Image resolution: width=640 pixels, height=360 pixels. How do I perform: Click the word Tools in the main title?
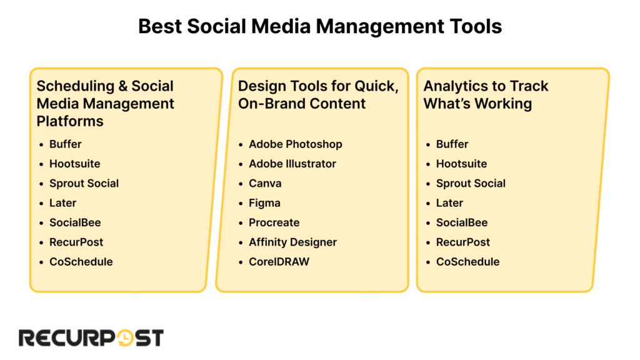(476, 26)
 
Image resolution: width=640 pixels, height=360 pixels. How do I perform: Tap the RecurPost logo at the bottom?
(91, 338)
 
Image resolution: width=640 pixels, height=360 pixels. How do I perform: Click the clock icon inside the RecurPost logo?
(124, 338)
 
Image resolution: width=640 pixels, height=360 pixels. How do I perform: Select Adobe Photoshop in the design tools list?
(296, 144)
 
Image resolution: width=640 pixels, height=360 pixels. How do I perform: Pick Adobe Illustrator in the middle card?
(292, 164)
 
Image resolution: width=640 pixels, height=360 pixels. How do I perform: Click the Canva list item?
(265, 183)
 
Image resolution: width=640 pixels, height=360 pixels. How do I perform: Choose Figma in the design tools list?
(264, 203)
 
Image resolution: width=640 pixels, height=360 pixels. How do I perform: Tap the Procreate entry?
(274, 222)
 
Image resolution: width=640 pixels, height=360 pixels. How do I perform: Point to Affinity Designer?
(292, 242)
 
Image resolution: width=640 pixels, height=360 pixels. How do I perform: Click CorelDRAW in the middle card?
(279, 262)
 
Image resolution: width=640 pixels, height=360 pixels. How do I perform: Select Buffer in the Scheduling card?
(65, 144)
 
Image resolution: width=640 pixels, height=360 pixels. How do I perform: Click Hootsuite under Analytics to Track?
(461, 164)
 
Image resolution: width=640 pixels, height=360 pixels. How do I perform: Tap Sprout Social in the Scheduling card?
(84, 183)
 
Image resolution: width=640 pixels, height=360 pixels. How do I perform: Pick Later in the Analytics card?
(449, 203)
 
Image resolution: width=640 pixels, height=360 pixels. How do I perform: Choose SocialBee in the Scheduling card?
(75, 222)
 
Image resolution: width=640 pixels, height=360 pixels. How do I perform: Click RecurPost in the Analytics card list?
(463, 242)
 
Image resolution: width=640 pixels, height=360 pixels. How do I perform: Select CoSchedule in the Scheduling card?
(81, 262)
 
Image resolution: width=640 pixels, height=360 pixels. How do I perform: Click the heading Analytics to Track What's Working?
(486, 95)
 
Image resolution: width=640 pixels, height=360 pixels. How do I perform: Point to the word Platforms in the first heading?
(70, 121)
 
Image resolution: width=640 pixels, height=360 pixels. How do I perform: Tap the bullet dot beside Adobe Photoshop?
(241, 144)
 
